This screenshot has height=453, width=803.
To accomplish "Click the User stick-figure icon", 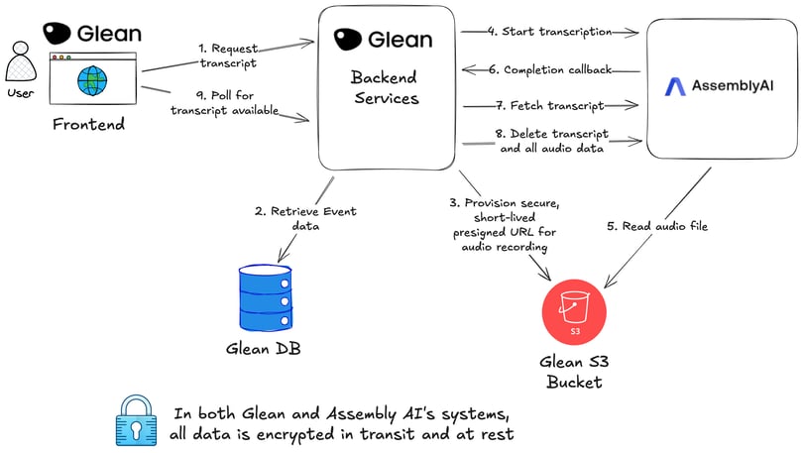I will coord(20,64).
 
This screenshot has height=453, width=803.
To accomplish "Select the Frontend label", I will coord(88,124).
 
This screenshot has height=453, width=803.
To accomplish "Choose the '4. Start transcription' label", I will coord(551,32).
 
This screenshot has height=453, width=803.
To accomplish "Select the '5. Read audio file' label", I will coord(655,226).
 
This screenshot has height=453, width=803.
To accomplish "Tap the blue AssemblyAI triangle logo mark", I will coord(675,87).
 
